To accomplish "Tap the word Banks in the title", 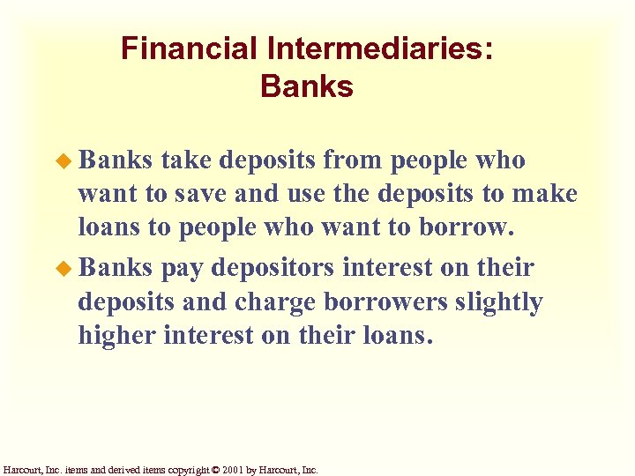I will click(x=307, y=87).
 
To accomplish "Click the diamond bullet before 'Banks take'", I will click(x=68, y=161).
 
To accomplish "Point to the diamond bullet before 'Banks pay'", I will click(x=68, y=267).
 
